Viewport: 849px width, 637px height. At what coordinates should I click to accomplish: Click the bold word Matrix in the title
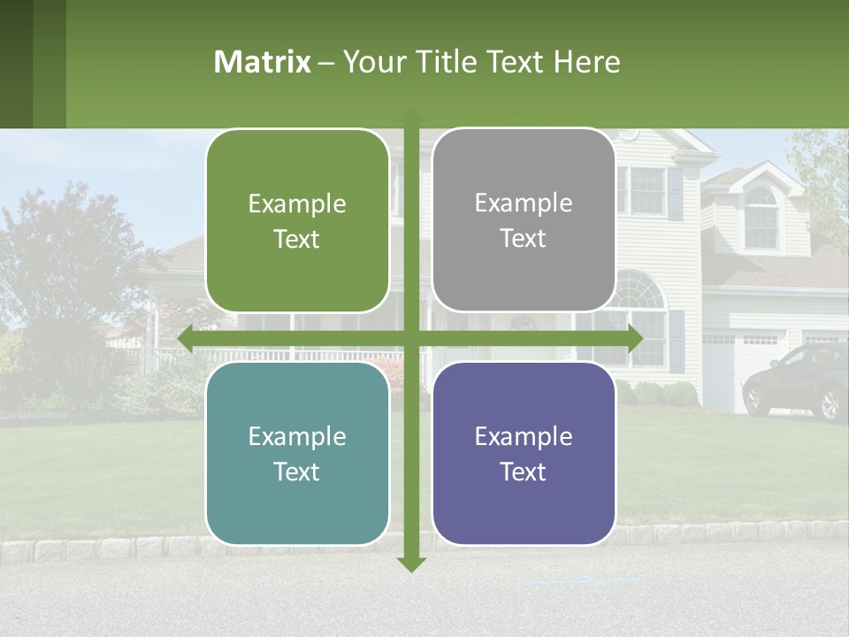coord(263,62)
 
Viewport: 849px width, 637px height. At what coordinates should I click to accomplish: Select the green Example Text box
coord(297,221)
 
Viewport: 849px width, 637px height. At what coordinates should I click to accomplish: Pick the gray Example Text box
coord(524,220)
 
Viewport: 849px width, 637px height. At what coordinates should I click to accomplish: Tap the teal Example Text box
coord(297,453)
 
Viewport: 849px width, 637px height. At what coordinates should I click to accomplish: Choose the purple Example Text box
coord(524,453)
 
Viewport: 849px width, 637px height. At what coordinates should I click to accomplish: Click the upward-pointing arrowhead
coord(411,115)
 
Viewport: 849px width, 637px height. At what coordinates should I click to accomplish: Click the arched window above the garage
coord(761,217)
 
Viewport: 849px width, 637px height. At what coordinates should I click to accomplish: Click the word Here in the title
coord(587,62)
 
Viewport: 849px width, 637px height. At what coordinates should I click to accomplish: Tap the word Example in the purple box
coord(524,436)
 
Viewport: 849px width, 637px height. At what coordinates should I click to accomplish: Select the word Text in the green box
coord(297,240)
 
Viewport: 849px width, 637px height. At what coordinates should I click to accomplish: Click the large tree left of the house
coord(62,265)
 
